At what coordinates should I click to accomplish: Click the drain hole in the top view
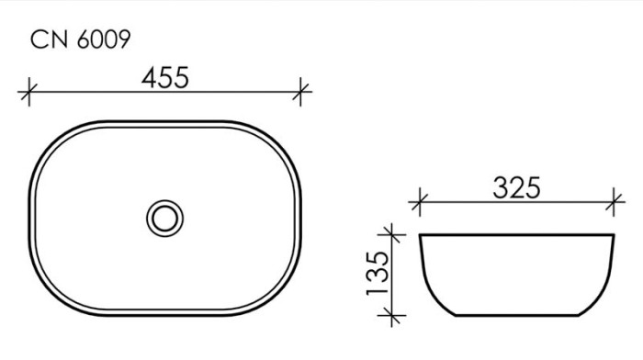164,218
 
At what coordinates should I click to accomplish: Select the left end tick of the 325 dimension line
419,198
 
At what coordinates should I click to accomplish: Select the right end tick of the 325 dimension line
615,198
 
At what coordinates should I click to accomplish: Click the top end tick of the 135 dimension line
392,234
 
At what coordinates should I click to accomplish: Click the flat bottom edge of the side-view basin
516,317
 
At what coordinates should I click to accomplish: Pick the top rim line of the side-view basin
516,235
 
